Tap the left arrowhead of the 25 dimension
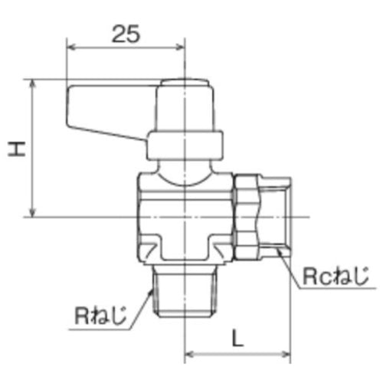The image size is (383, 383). (72, 47)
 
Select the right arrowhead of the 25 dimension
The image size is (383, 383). (183, 47)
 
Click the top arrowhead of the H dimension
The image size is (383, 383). (32, 83)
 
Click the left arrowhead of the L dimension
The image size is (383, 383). (191, 354)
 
